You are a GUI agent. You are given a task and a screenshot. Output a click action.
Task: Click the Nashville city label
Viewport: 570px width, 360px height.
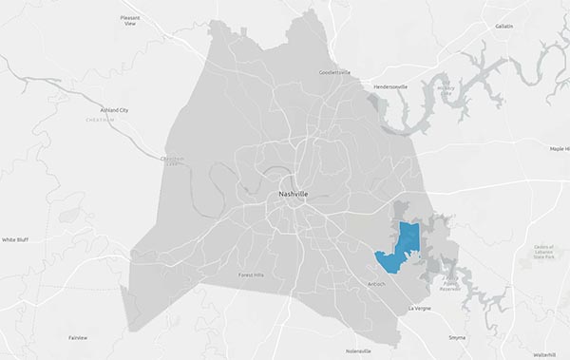(x=293, y=194)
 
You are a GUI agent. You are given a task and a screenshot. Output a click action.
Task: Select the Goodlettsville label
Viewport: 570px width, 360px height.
(x=334, y=72)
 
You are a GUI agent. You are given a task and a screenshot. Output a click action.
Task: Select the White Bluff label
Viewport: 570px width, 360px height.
(x=15, y=240)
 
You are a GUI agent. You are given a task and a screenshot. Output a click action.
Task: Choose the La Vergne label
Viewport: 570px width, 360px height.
(x=419, y=309)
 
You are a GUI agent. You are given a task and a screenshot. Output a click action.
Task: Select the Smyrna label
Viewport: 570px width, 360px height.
(x=458, y=337)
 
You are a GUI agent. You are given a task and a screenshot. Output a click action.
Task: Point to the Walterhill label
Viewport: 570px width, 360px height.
(x=544, y=353)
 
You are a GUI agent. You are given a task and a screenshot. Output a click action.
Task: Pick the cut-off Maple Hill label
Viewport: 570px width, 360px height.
(x=558, y=149)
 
